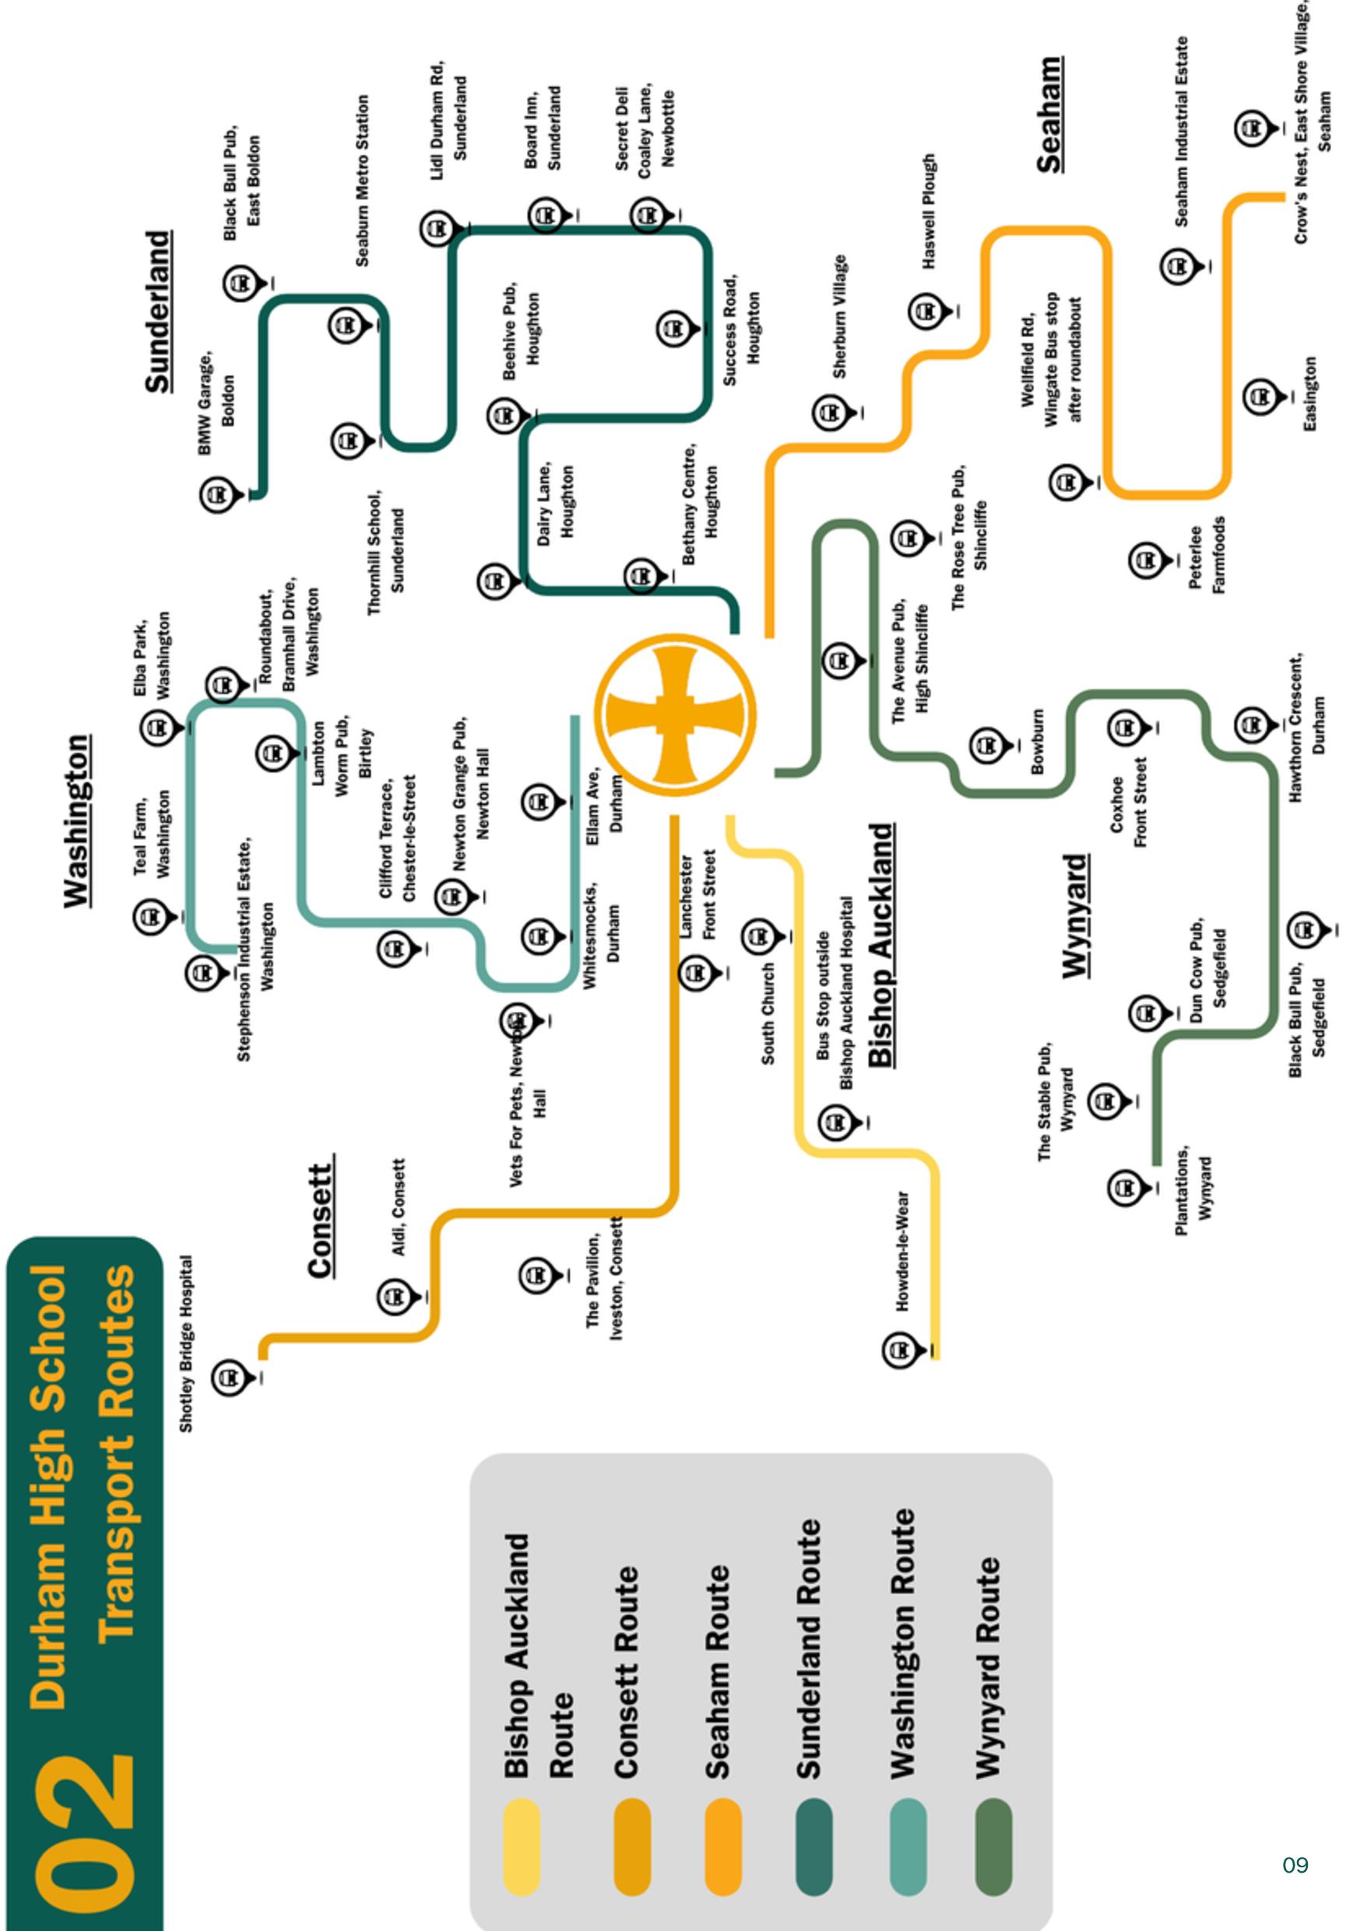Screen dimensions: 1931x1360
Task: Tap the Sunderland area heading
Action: (158, 312)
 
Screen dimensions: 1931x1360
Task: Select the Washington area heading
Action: (77, 822)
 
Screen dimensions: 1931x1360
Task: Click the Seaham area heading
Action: (1049, 115)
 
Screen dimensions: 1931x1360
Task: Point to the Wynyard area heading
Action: (1076, 916)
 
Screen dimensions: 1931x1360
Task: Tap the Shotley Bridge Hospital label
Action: (186, 1344)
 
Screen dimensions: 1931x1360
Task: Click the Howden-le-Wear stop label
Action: (901, 1251)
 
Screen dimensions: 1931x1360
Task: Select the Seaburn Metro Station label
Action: (363, 181)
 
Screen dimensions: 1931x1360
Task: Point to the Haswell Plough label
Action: (929, 211)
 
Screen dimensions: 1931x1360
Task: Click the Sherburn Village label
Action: (840, 316)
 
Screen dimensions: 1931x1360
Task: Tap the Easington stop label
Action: (1309, 395)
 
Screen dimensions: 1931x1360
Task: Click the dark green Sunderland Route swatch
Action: (814, 1846)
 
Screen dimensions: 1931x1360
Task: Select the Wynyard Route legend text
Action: (990, 1666)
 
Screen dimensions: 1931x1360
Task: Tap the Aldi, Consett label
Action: (399, 1208)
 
